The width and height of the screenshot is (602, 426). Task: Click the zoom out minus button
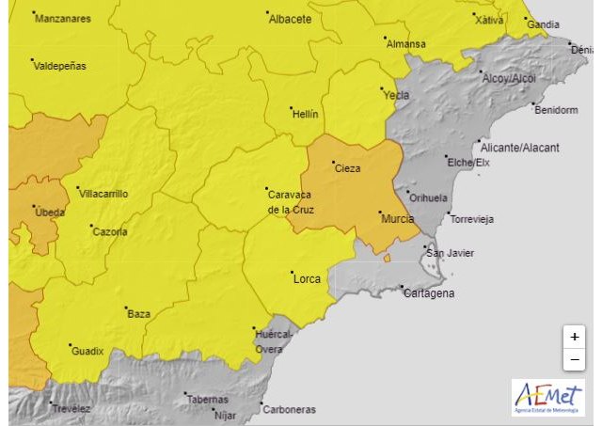pos(574,360)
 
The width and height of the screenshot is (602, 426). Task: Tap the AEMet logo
pos(547,397)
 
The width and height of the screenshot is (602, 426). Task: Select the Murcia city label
pos(398,218)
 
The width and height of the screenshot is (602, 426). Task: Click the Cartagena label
pos(428,293)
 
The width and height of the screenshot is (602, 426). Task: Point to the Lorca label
pos(307,279)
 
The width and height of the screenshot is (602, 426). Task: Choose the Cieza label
pos(347,167)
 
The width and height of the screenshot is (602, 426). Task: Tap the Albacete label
pos(290,19)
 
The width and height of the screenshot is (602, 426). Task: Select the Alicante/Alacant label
pos(519,148)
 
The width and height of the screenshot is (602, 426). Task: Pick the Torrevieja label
pos(472,219)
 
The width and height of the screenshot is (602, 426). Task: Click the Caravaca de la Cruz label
pos(292,201)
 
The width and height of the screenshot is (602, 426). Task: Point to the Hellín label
pos(306,114)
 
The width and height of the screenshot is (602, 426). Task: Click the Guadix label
pos(87,352)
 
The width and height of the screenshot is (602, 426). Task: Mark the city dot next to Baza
pos(127,308)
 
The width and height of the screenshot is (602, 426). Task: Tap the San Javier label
pos(451,253)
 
